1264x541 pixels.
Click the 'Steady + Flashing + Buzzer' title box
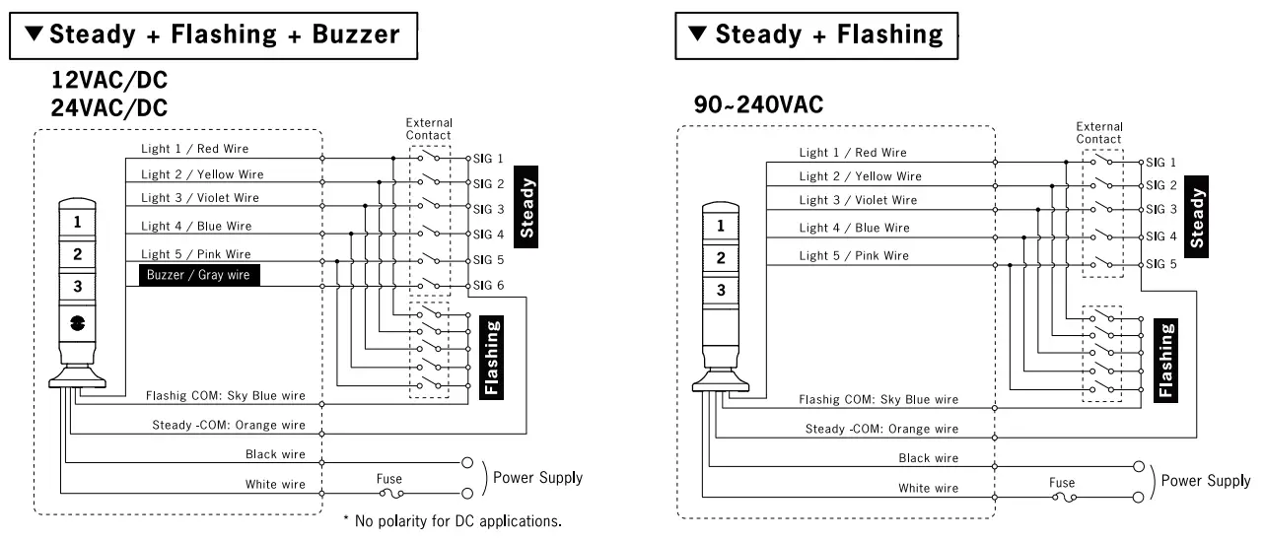point(213,34)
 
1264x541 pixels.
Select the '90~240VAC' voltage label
point(759,105)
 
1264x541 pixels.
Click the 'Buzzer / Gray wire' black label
point(197,275)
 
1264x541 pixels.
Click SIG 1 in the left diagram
point(488,158)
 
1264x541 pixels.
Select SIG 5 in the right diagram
point(1159,264)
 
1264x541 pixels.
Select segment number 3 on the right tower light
point(721,290)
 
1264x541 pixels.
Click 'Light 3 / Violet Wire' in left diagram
point(199,198)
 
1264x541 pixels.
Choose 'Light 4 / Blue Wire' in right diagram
point(854,228)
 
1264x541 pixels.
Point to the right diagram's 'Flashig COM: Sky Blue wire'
point(878,400)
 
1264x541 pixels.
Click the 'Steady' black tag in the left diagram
point(527,208)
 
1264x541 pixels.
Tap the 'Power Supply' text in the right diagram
point(1206,481)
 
